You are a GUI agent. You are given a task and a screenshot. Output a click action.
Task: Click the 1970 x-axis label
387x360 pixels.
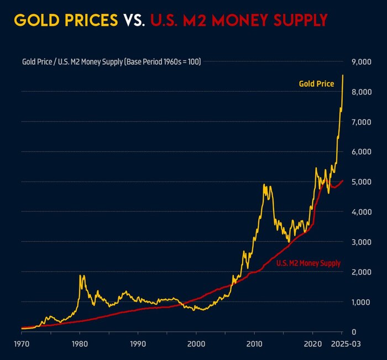22,343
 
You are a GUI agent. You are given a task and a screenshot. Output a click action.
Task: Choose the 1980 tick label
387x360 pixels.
80,343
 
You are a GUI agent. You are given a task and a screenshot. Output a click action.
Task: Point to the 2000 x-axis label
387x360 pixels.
196,343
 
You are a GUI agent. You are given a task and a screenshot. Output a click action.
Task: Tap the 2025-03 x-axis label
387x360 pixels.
341,343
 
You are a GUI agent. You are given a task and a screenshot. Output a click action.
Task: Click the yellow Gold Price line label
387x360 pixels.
316,84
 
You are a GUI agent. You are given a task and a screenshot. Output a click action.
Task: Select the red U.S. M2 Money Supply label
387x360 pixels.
308,264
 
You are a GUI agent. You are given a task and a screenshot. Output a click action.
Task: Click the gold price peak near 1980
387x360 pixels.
81,275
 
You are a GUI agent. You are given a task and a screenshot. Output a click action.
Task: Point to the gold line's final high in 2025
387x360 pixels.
343,75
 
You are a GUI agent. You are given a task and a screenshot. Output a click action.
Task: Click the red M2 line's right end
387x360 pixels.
343,180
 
